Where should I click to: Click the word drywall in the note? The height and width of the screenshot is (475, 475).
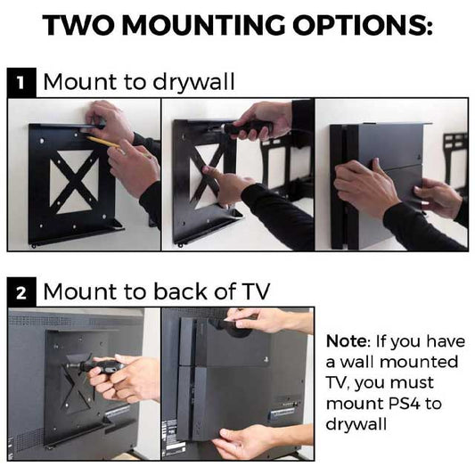357,425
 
